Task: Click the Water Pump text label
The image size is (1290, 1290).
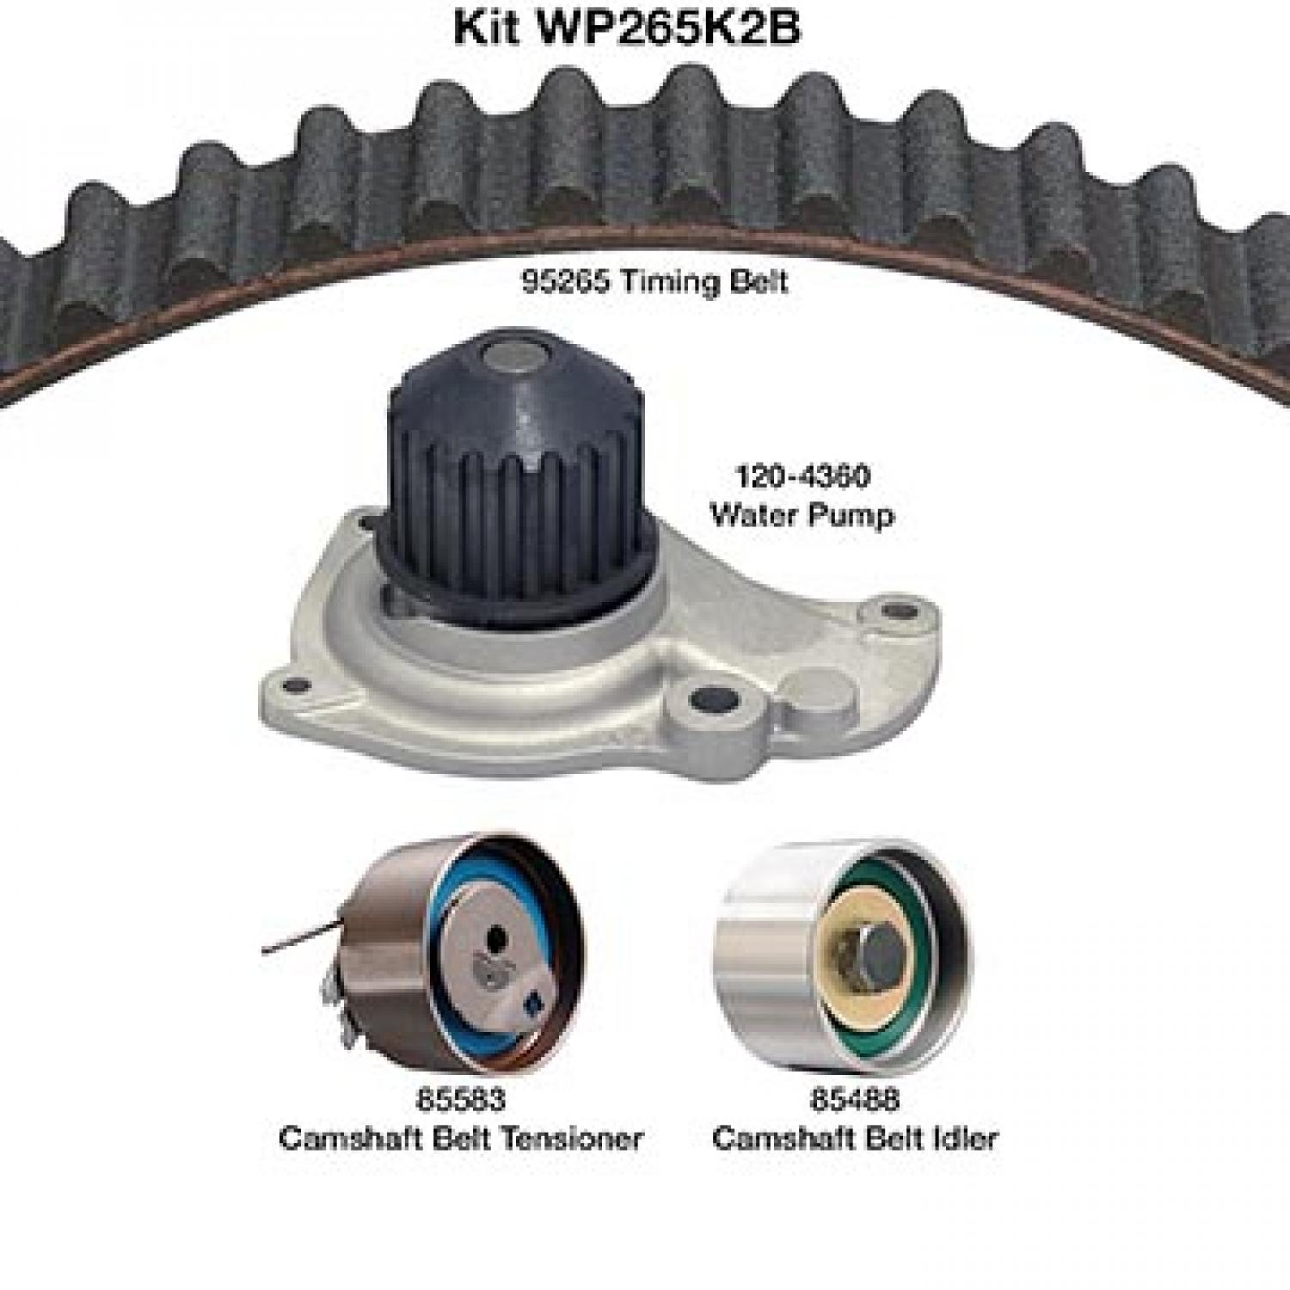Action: [802, 515]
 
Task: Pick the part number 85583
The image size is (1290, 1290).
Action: [460, 1098]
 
